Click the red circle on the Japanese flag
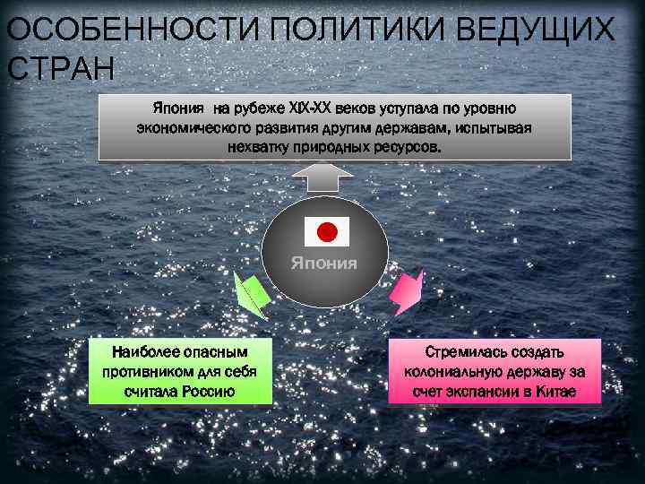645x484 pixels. [327, 232]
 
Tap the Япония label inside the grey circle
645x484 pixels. [323, 264]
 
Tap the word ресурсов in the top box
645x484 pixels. [408, 145]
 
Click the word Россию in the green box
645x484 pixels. [208, 391]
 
